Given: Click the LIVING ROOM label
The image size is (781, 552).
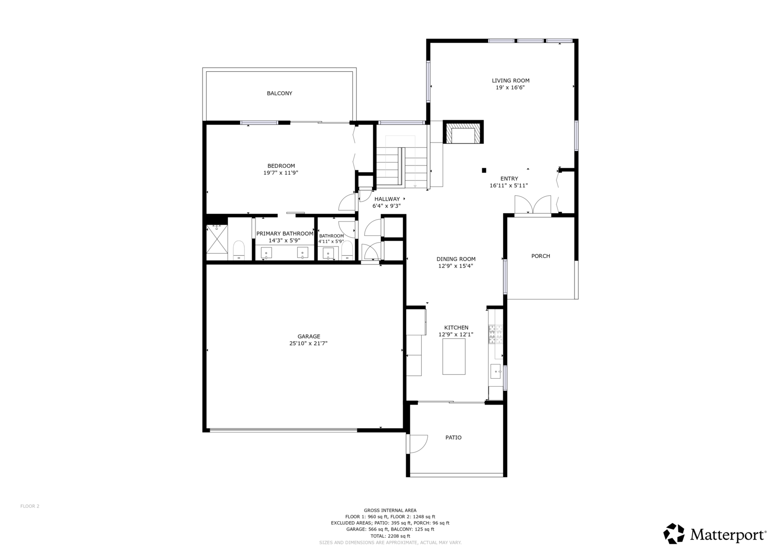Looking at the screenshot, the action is (511, 81).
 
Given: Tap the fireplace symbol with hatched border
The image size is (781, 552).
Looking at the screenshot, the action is (463, 132).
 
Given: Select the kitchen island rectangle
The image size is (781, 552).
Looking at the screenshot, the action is (453, 356).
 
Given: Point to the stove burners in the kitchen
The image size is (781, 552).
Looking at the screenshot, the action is (495, 334).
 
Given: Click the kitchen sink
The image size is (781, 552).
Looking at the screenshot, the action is (495, 371).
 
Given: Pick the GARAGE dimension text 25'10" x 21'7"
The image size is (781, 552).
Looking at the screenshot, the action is (308, 344).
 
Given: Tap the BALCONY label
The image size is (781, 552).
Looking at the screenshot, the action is (280, 93).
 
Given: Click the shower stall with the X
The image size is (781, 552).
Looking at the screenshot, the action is (217, 239).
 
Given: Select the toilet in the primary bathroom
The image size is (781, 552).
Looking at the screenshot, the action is (239, 250).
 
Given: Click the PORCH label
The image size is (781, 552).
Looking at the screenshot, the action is (541, 256).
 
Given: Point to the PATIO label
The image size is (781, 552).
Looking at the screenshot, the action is (453, 438).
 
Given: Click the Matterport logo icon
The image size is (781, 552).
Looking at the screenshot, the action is (674, 533).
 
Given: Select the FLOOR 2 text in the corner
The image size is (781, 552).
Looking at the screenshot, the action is (30, 506).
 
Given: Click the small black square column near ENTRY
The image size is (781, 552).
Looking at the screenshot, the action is (484, 170).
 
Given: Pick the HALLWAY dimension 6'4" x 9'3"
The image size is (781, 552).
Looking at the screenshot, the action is (387, 206).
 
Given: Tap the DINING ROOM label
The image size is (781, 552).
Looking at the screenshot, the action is (456, 259).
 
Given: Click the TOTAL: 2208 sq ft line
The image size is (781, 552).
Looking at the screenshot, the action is (390, 536).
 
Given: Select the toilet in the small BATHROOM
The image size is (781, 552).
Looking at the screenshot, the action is (347, 250).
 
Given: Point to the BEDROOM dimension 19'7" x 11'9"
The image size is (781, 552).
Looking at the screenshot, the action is (281, 173).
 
